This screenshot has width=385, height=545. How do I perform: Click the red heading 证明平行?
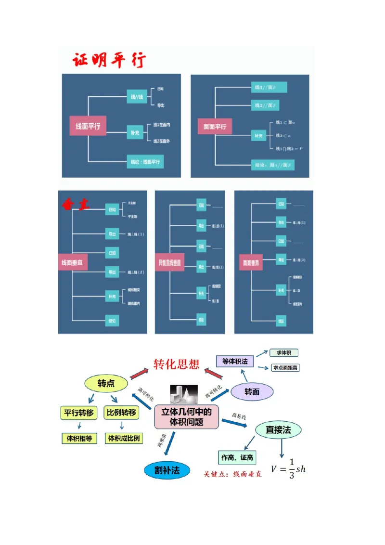(109, 61)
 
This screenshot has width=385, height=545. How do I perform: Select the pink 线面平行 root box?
(88, 126)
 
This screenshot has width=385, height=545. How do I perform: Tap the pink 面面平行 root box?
(215, 127)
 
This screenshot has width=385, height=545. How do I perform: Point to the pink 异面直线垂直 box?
(170, 263)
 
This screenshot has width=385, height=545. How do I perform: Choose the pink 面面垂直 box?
(251, 263)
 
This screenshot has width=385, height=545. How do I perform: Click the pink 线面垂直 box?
(70, 263)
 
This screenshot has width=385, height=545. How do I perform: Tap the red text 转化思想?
(176, 364)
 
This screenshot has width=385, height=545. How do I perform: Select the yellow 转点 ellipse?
(106, 383)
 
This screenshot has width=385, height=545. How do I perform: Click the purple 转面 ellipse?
(252, 392)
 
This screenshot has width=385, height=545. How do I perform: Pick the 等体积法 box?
(235, 361)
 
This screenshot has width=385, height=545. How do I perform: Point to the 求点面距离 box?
(285, 368)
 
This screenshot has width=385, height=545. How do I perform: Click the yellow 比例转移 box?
(121, 413)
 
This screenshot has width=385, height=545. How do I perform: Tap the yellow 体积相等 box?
(79, 439)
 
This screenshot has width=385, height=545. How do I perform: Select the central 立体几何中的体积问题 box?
(186, 416)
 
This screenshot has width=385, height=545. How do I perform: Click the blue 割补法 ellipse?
(167, 470)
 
